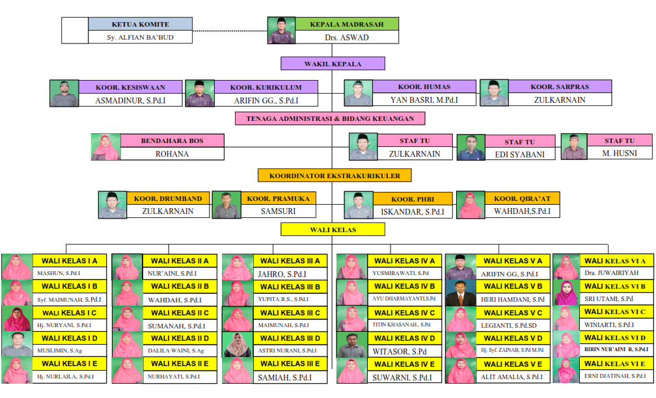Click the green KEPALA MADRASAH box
(x=346, y=24)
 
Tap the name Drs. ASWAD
(x=346, y=38)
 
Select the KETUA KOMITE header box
(x=140, y=24)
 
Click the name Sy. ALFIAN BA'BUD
(x=140, y=38)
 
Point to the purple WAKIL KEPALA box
(x=333, y=64)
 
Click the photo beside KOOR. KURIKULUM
(x=199, y=93)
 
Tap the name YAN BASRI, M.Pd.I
(x=424, y=100)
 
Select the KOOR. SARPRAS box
(x=559, y=86)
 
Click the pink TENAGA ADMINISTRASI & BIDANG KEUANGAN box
(x=330, y=118)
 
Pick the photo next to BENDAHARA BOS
(x=105, y=148)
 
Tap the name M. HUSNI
(x=619, y=153)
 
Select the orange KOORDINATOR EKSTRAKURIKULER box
(x=334, y=175)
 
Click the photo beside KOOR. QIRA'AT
(x=469, y=205)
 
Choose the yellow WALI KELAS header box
(x=333, y=229)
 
